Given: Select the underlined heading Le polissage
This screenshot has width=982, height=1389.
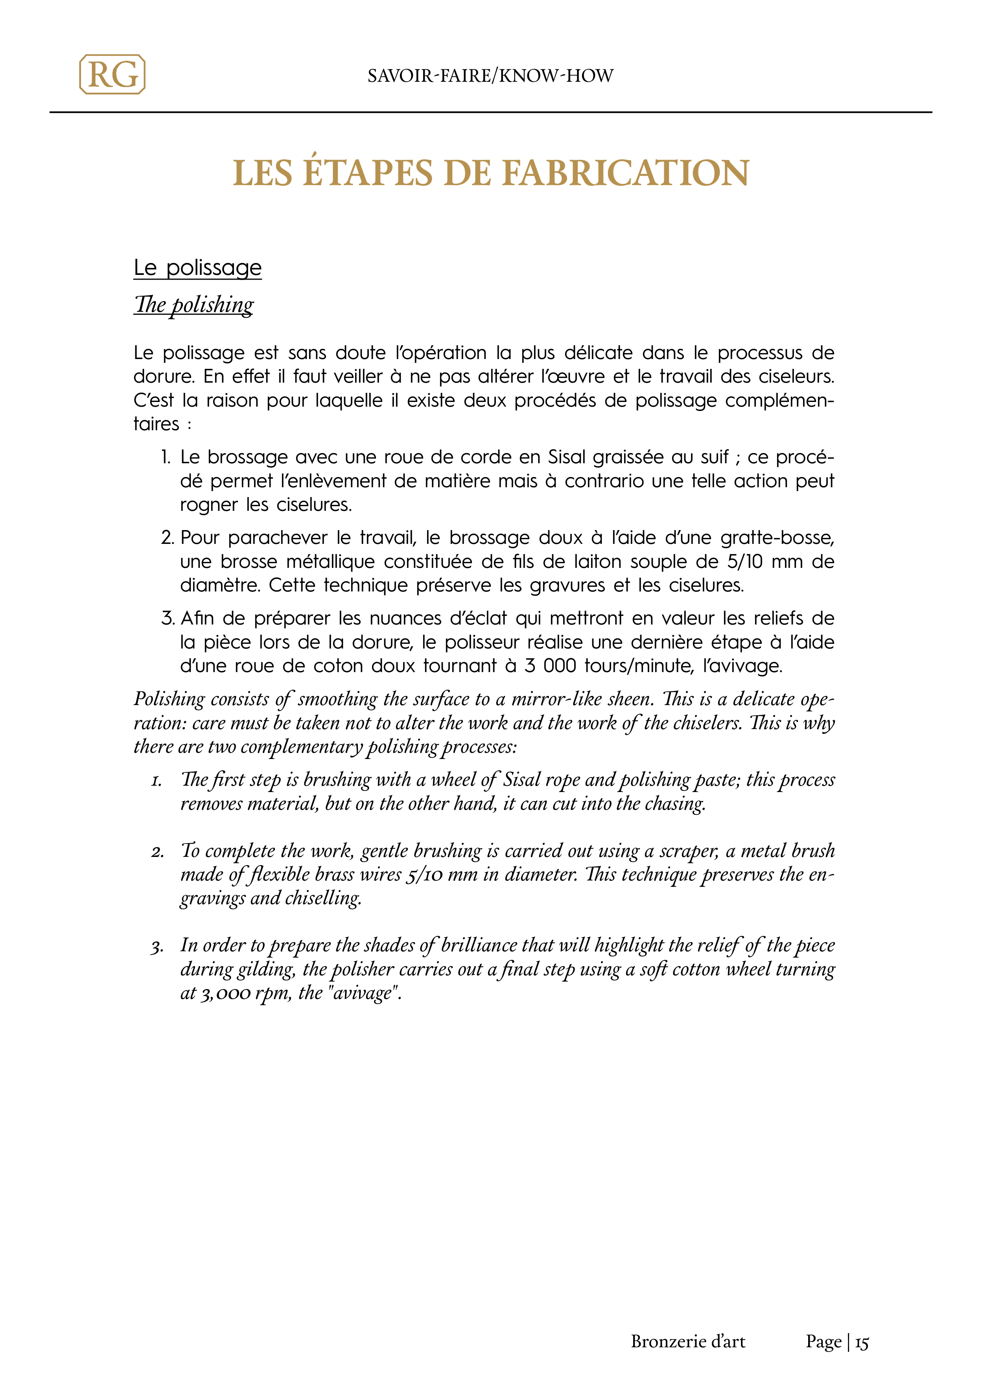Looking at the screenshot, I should pyautogui.click(x=197, y=267).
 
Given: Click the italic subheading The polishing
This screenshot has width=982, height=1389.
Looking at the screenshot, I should pyautogui.click(x=193, y=304).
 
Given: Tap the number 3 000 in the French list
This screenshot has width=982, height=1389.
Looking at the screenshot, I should pyautogui.click(x=550, y=666).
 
